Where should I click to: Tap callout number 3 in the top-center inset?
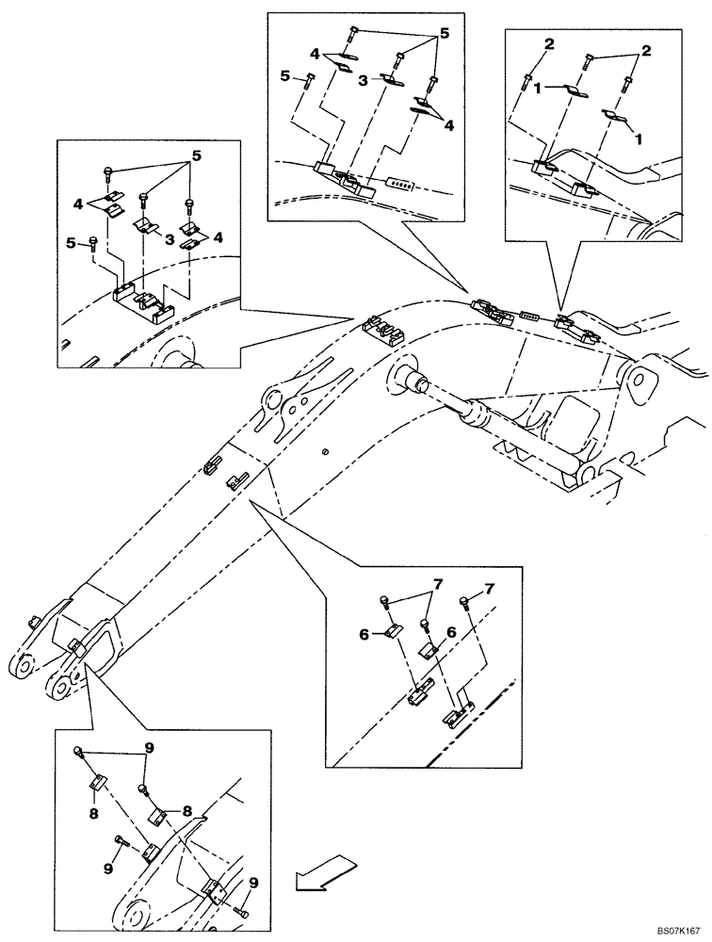pos(362,82)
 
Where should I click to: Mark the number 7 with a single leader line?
pos(489,590)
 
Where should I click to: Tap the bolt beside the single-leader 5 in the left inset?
pos(95,245)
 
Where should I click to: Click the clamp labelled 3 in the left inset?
pos(146,227)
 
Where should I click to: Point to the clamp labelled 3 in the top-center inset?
pos(390,80)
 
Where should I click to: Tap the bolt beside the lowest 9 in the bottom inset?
pos(244,910)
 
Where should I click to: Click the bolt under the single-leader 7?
pos(465,600)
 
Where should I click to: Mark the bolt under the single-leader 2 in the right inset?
pos(528,83)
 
